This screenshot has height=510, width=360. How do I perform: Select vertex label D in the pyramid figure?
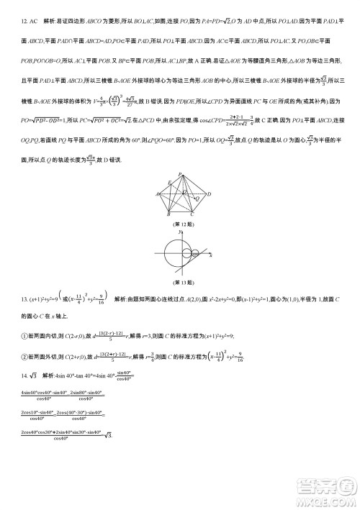(x=208, y=194)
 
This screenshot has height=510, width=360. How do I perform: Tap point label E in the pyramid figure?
(x=168, y=183)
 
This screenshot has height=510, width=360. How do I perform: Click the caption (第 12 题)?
(x=182, y=224)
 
